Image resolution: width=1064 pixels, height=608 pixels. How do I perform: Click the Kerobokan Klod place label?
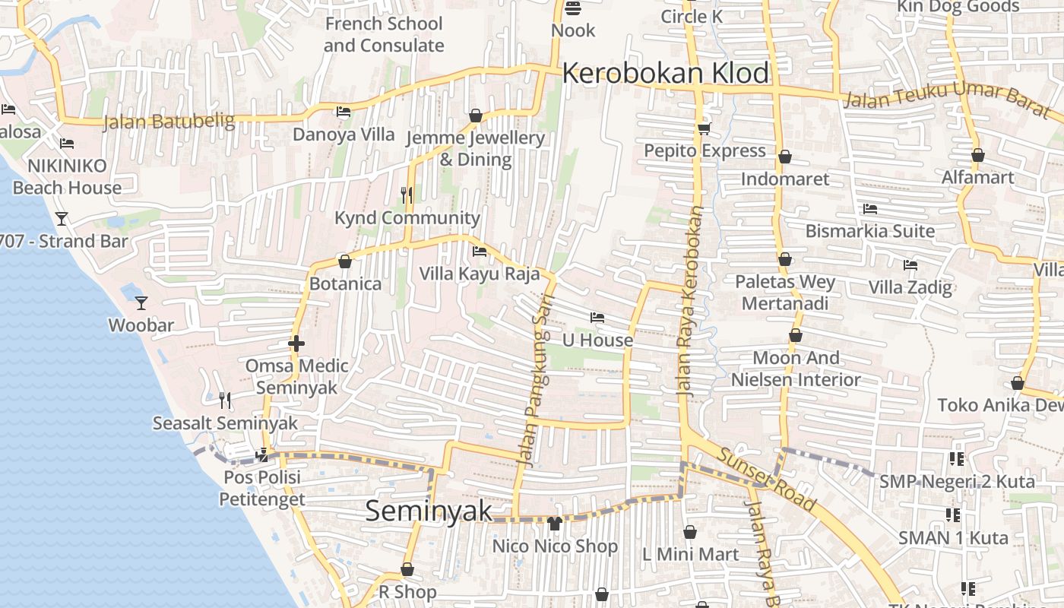(666, 73)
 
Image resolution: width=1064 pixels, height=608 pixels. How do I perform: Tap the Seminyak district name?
(429, 511)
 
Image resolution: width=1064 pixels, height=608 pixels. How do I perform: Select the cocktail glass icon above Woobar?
(141, 303)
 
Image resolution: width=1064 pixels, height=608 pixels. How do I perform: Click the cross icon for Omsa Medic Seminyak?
(296, 344)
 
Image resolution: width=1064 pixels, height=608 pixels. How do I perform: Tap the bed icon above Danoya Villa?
(344, 112)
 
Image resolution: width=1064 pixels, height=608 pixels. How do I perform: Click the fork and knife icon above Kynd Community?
(407, 195)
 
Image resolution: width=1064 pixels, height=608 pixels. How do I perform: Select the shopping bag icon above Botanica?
(345, 261)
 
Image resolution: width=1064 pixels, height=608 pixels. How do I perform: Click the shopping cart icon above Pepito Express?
(705, 128)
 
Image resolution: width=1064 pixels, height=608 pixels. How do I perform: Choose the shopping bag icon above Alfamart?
(978, 155)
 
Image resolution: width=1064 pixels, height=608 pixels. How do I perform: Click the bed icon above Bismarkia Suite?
(870, 208)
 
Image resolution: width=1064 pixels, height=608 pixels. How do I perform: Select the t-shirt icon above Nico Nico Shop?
(554, 524)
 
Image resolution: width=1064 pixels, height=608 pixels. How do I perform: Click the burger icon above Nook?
(573, 8)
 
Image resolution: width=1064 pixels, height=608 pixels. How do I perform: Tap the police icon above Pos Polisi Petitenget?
(262, 455)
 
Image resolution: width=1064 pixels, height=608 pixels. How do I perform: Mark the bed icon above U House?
(597, 318)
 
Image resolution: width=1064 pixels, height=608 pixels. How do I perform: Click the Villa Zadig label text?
(910, 287)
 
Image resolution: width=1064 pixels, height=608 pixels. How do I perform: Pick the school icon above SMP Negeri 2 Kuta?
(956, 459)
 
